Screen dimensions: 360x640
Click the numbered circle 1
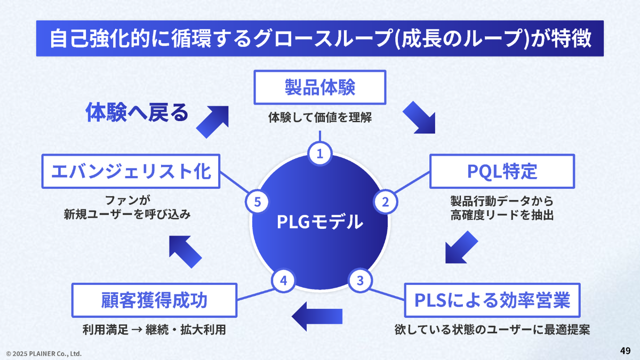(x=320, y=154)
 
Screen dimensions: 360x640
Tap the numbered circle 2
(x=386, y=202)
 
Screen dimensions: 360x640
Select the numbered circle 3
(x=360, y=279)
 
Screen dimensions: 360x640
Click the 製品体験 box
(x=319, y=87)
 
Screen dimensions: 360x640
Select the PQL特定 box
(x=502, y=171)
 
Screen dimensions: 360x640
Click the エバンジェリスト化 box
(x=131, y=171)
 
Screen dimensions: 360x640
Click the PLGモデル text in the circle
(x=320, y=221)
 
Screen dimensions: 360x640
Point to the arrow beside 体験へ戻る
(x=212, y=122)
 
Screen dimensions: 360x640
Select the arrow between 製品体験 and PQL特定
(x=419, y=117)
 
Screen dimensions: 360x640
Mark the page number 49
(x=626, y=350)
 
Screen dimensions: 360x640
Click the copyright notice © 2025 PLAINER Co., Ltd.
(x=44, y=353)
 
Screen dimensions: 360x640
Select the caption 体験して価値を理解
(x=319, y=118)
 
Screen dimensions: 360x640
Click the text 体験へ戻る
(x=137, y=113)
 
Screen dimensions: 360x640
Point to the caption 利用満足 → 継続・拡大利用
(x=154, y=330)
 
